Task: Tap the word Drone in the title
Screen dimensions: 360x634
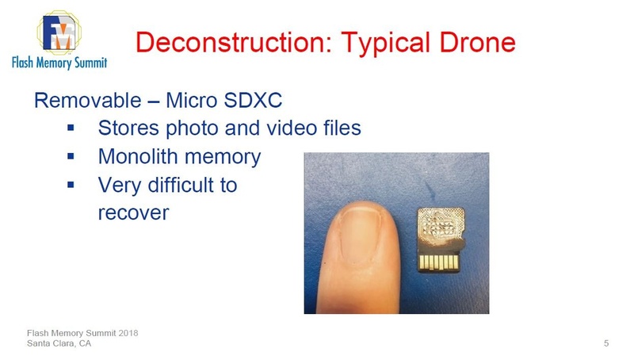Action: tap(475, 41)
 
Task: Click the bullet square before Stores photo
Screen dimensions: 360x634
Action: tap(71, 127)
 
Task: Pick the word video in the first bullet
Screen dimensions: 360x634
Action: tap(284, 127)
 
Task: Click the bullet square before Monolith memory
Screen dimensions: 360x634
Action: tap(71, 157)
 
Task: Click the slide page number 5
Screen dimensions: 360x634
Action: tap(606, 343)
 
